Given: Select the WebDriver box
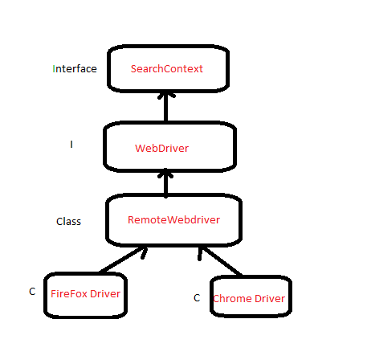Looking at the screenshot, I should point(169,146).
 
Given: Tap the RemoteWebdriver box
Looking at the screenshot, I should point(174,219).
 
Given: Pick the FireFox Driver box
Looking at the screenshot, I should point(85,294).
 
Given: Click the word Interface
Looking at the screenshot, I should point(75,69).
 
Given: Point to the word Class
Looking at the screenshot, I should point(68,222).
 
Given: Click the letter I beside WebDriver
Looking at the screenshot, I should point(71,145).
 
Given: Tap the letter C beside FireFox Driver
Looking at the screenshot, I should point(32,292).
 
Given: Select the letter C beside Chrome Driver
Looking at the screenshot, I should point(196,298).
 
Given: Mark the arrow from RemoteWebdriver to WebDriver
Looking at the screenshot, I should point(165,182).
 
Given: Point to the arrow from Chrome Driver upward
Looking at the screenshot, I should point(218,260).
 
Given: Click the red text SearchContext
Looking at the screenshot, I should point(167,69).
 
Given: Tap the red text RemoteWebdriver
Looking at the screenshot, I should point(173,219).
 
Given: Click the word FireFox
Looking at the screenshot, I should point(68,294).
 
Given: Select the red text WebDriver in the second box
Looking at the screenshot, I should point(161,149).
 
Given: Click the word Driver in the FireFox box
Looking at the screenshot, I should point(105,294).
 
